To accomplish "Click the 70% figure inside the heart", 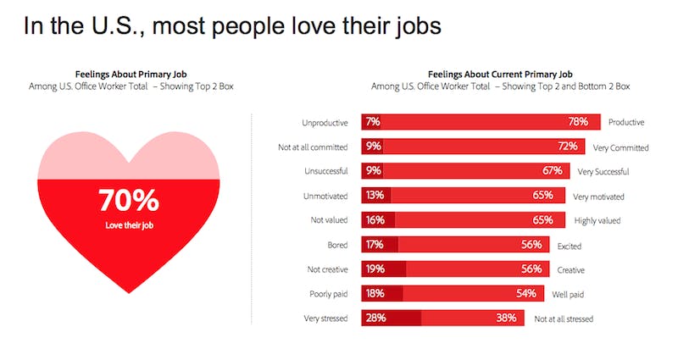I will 129,202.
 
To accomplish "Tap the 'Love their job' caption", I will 129,227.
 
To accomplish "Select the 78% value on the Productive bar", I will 579,122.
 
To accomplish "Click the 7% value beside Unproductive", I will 372,122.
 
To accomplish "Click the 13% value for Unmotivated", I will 375,196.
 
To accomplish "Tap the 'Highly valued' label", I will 597,220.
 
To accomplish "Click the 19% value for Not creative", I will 375,269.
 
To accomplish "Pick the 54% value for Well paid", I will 525,294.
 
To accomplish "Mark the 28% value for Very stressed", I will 375,318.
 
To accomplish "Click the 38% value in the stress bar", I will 507,318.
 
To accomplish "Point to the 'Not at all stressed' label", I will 564,319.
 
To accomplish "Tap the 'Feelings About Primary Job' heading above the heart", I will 129,74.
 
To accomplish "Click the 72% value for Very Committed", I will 567,147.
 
